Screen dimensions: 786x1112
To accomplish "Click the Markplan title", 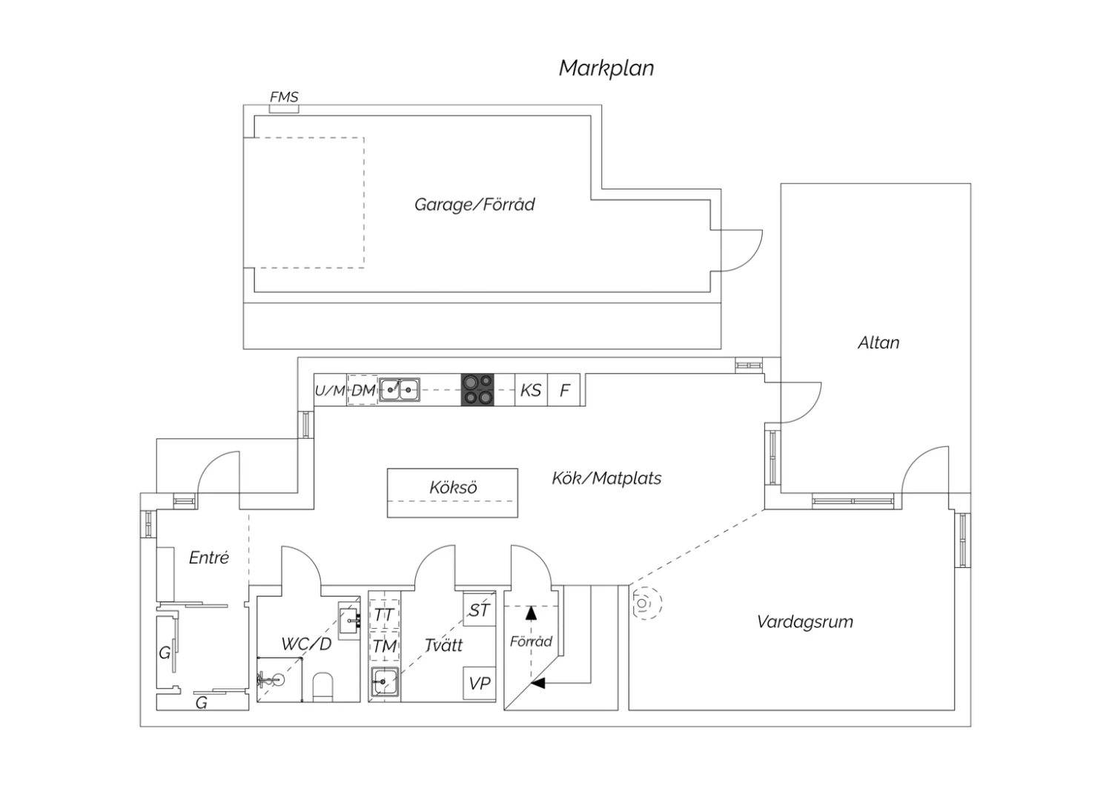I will tap(606, 68).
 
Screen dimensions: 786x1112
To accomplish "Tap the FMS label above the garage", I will tap(284, 97).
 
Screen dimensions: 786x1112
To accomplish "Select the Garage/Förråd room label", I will tap(474, 205).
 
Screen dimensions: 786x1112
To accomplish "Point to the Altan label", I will tap(878, 343).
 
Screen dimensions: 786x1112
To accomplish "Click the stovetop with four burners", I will tap(478, 389).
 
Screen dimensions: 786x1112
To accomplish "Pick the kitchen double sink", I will tap(400, 389).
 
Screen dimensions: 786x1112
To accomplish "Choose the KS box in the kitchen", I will tap(531, 390).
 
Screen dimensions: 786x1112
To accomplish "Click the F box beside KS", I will tap(565, 390).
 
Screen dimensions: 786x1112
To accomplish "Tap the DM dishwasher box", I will tap(363, 390).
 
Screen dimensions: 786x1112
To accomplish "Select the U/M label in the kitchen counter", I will tap(330, 390).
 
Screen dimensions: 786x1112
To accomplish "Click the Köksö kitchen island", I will tap(452, 492).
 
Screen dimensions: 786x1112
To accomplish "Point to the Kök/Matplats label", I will tap(606, 478).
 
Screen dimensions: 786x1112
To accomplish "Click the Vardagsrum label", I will tap(804, 621).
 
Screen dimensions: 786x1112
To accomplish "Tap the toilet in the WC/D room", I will tap(323, 686).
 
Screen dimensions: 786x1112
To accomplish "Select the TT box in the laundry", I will tap(384, 615).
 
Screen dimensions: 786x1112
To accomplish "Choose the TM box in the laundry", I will tap(384, 647).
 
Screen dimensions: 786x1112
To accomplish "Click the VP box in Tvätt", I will tap(480, 683).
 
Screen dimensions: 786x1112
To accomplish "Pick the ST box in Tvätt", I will tap(480, 610).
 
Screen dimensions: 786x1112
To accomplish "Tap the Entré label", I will tap(208, 558).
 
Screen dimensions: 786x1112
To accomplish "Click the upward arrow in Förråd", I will tap(531, 612).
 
